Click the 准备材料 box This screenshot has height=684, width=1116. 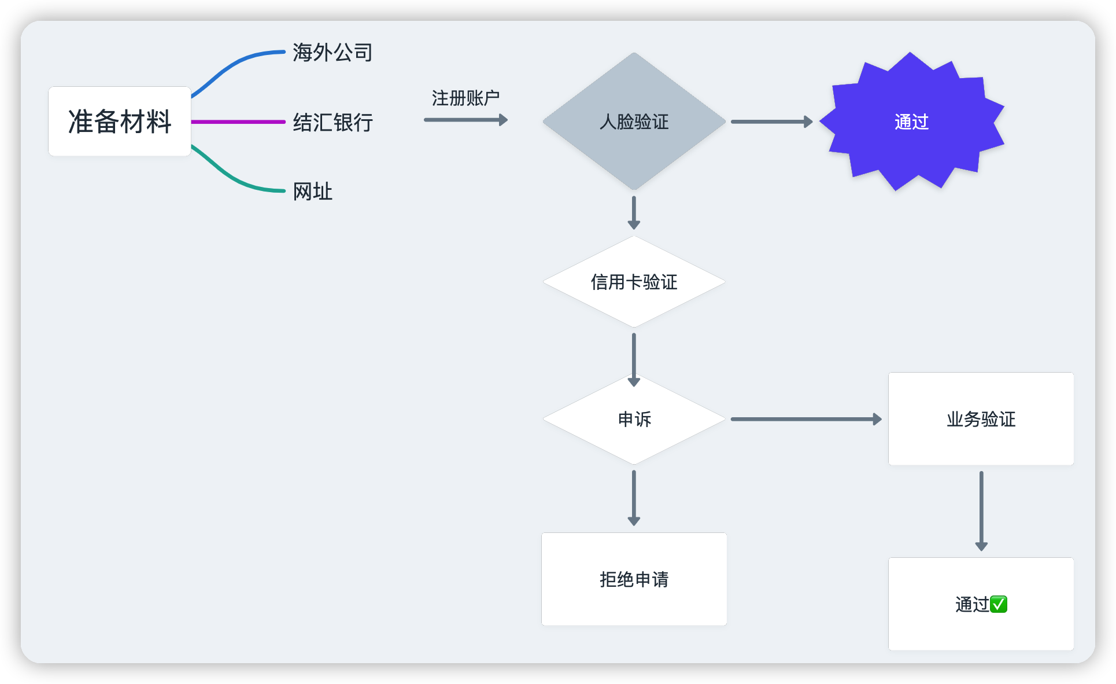120,122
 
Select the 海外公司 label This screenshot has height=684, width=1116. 332,53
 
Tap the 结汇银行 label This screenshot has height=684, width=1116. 332,123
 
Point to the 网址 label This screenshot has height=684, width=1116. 312,192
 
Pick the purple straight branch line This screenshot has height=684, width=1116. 238,122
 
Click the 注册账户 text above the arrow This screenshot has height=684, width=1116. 465,98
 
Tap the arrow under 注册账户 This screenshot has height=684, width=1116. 465,120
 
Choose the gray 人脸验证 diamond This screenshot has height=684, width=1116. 634,122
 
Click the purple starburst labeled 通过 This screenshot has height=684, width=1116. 911,122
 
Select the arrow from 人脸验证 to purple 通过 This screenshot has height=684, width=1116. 771,122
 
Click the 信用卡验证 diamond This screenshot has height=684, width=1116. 634,282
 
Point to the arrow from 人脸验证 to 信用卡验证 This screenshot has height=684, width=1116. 634,212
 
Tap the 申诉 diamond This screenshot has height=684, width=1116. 634,419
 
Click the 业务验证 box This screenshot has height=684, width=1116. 981,419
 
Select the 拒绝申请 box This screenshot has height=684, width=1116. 634,579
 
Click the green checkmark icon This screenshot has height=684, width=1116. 999,604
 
